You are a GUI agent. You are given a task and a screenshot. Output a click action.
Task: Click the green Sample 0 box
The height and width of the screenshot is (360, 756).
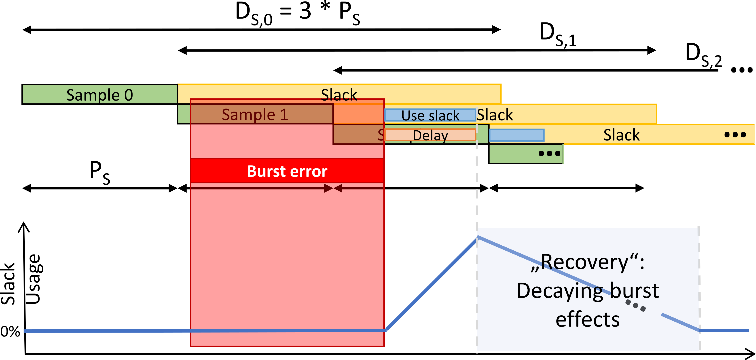click(x=100, y=95)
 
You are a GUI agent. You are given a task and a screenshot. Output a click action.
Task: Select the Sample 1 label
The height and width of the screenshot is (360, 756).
click(x=255, y=114)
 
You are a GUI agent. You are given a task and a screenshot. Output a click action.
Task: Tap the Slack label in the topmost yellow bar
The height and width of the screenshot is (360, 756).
click(x=339, y=95)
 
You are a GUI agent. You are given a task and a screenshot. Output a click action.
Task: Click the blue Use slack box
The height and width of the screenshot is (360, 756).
click(x=430, y=115)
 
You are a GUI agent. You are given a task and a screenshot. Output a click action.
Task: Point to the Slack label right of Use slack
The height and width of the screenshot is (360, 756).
click(x=495, y=115)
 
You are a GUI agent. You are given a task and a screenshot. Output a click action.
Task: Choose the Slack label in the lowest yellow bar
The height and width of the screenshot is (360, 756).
click(x=621, y=135)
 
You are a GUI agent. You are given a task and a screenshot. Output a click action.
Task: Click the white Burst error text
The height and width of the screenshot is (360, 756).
click(x=287, y=171)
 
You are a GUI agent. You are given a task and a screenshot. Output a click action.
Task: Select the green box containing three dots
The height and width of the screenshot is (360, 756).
click(x=526, y=153)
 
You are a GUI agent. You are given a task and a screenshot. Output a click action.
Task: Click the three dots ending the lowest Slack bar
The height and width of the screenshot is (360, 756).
click(x=735, y=135)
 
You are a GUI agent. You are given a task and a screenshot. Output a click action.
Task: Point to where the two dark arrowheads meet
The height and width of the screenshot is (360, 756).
click(x=333, y=188)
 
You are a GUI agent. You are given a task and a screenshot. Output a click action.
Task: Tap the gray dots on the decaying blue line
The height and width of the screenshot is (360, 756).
click(x=635, y=305)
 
